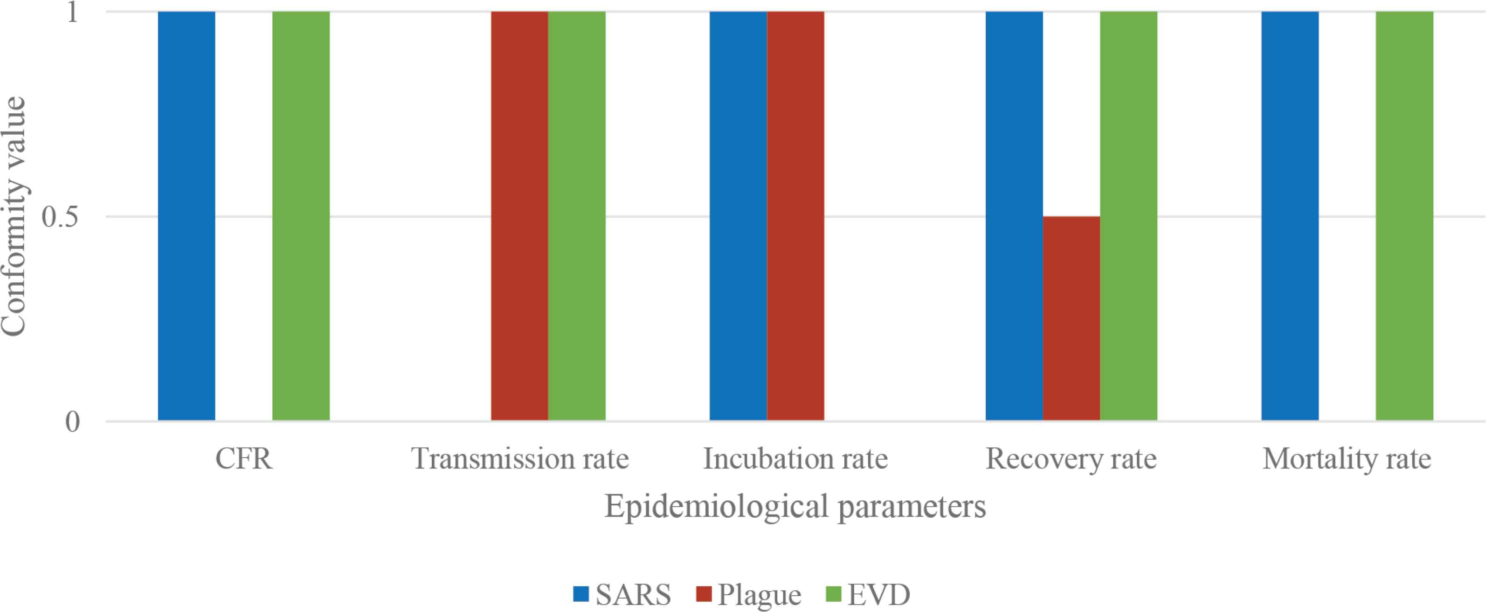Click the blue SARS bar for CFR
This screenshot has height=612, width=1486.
(187, 216)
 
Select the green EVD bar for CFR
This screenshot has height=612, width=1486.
(301, 216)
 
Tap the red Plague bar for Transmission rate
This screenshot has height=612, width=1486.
(519, 216)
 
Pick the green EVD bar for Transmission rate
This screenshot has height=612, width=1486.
(577, 216)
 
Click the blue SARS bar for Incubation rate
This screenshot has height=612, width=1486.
(738, 216)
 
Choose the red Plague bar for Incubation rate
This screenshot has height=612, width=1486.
(795, 216)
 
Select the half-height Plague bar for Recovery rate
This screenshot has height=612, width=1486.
(1071, 318)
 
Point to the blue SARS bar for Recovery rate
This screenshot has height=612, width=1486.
(1014, 216)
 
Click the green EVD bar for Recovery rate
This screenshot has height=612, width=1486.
(1128, 216)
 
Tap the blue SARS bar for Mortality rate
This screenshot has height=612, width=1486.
(1290, 216)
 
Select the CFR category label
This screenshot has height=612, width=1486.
(243, 460)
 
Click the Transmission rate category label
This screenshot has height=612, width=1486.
(520, 460)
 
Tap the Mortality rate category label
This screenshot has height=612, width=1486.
(1347, 460)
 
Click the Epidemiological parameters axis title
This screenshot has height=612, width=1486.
(795, 507)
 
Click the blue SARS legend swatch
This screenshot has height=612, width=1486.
(581, 593)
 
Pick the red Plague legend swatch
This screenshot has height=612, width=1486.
(704, 593)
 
